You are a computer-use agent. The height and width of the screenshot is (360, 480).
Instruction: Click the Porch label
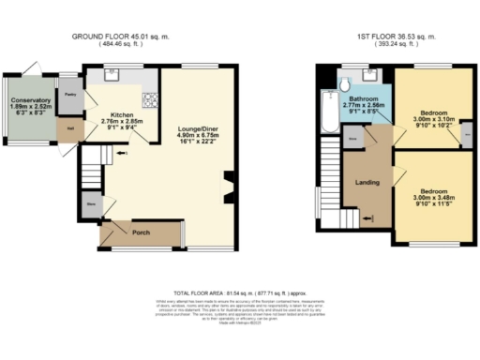tap(141, 232)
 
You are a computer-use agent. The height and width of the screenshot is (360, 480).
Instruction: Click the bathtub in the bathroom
tap(326, 112)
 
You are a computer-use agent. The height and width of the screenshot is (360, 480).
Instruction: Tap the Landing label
tap(367, 182)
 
